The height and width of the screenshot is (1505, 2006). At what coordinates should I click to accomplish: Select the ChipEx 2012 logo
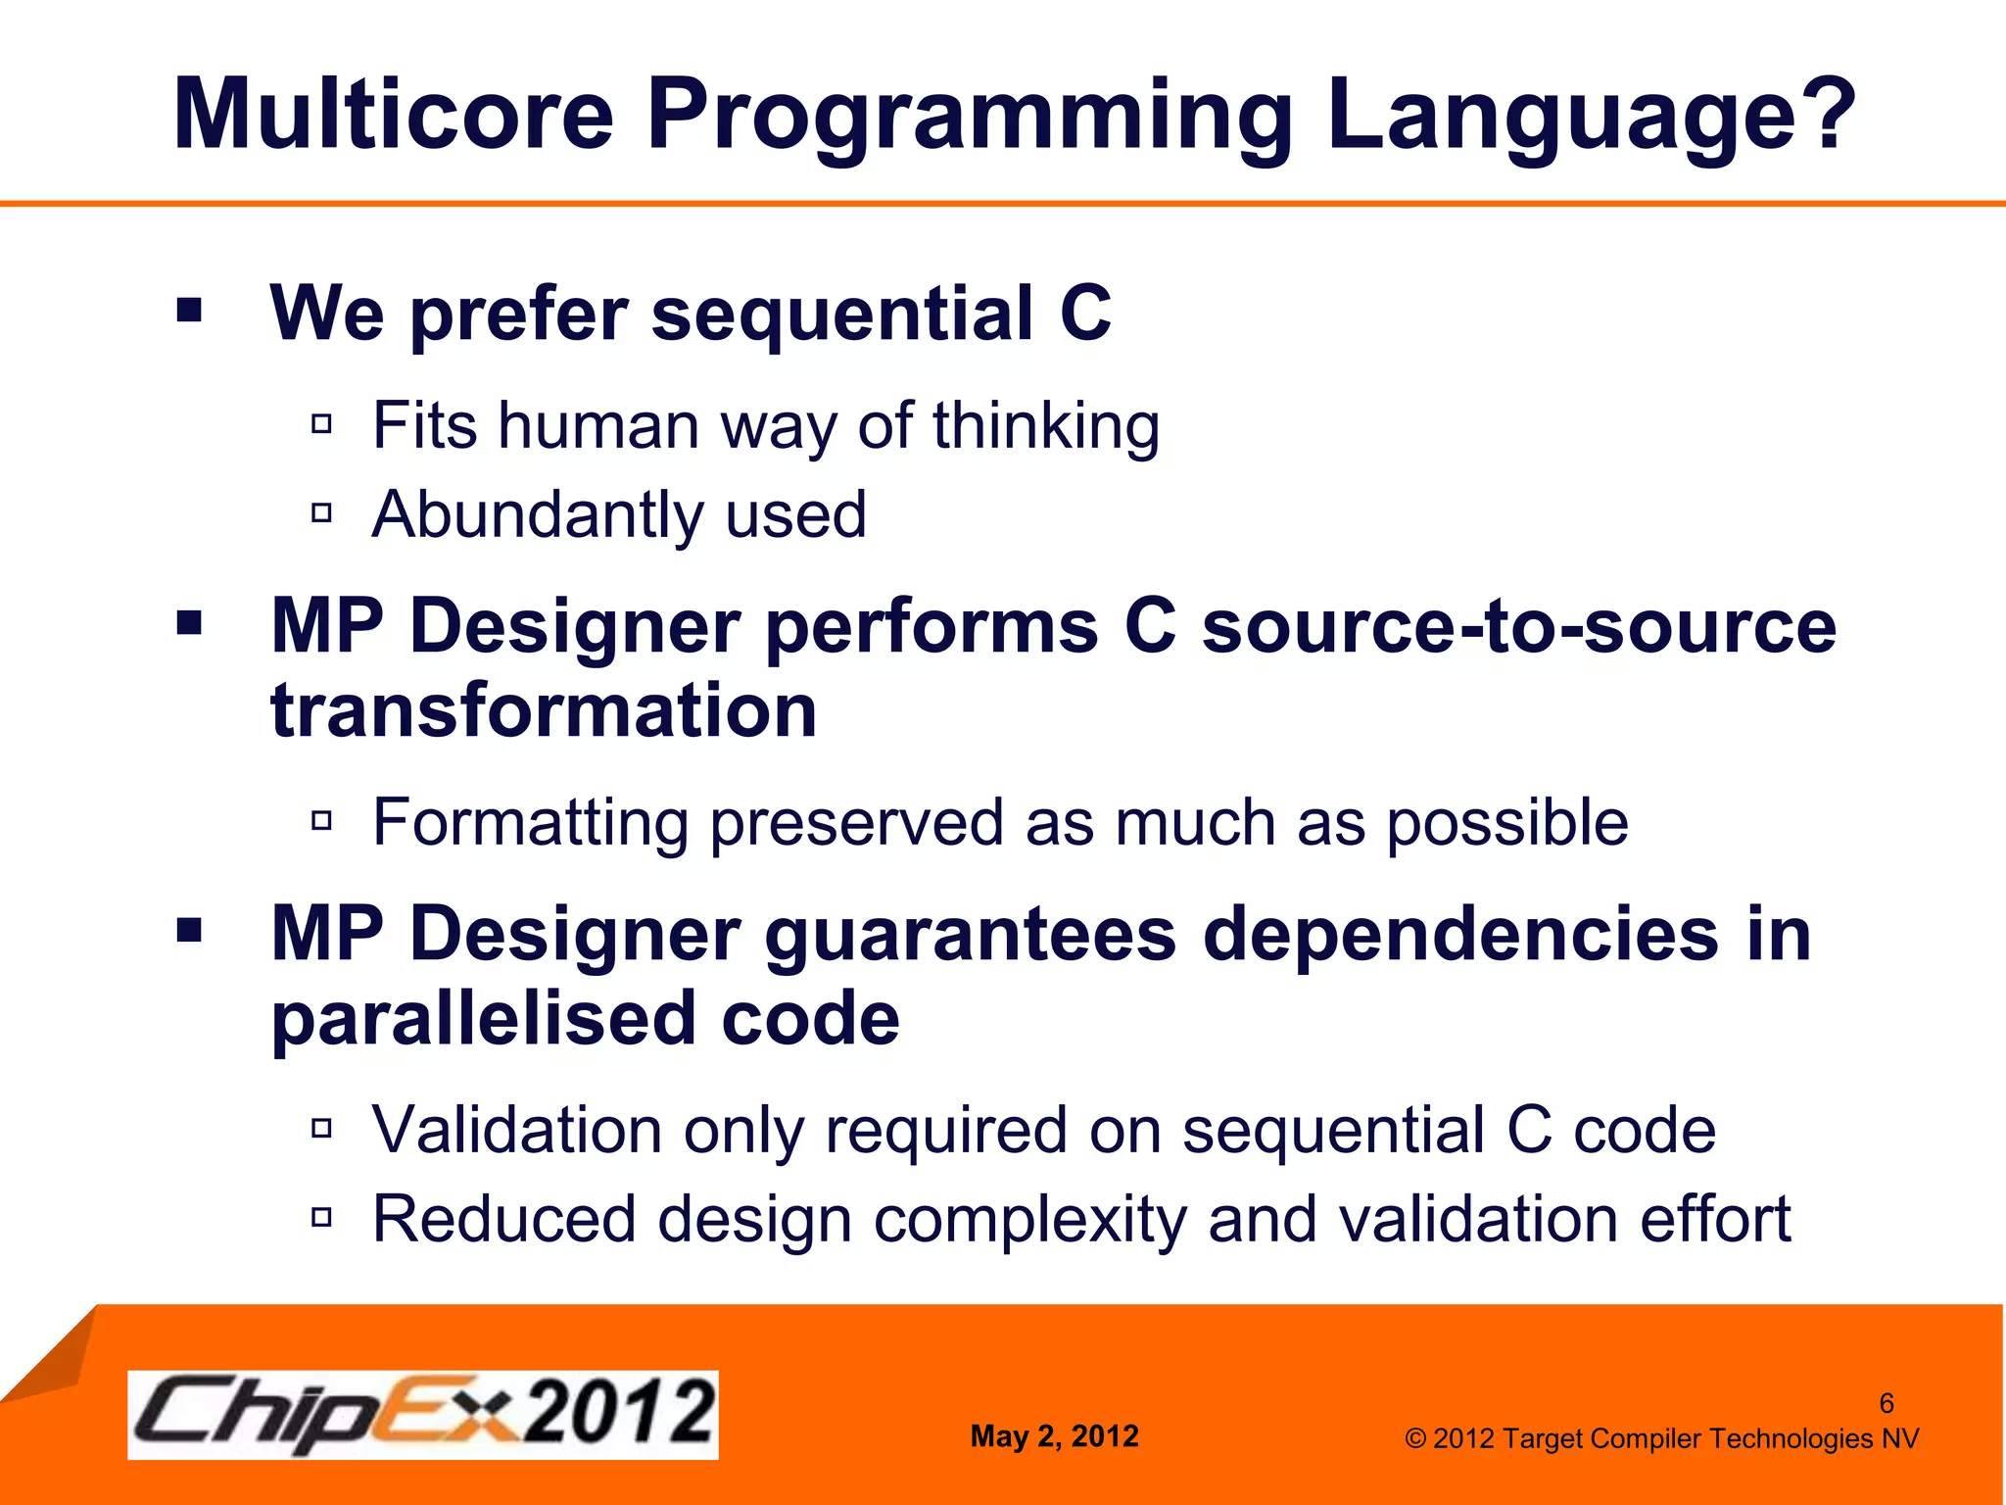(x=422, y=1414)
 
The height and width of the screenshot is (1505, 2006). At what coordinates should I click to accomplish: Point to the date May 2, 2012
(x=1054, y=1436)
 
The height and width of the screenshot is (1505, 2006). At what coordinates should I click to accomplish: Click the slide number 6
(x=1886, y=1403)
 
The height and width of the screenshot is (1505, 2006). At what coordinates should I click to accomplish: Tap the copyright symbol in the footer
(x=1415, y=1438)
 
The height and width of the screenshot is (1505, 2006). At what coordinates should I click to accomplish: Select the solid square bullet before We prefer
(x=189, y=312)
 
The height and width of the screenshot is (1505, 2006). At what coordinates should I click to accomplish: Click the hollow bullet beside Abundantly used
(x=321, y=512)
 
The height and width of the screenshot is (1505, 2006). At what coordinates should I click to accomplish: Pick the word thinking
(x=1046, y=427)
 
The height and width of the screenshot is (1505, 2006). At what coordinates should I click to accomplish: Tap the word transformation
(x=544, y=710)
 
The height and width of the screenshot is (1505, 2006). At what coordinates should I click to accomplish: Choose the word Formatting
(x=530, y=823)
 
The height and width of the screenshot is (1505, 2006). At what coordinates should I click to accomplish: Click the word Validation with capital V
(x=517, y=1130)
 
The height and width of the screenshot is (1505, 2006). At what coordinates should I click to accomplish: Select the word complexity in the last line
(x=1028, y=1221)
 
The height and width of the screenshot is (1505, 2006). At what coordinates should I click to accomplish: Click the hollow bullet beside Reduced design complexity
(x=321, y=1217)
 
